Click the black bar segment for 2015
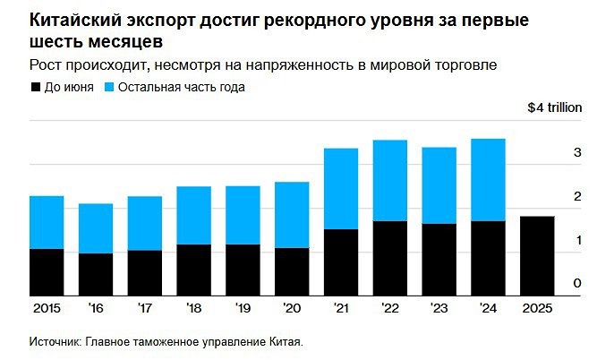47,272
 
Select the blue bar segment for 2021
340,189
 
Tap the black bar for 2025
536,256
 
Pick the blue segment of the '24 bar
487,180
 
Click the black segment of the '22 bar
389,258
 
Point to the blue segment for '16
96,228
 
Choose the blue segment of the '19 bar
243,215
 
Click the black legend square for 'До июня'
36,87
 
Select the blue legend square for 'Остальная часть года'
111,87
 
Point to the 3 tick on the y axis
577,154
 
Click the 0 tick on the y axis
577,284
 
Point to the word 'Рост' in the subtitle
47,64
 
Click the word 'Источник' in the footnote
56,342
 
